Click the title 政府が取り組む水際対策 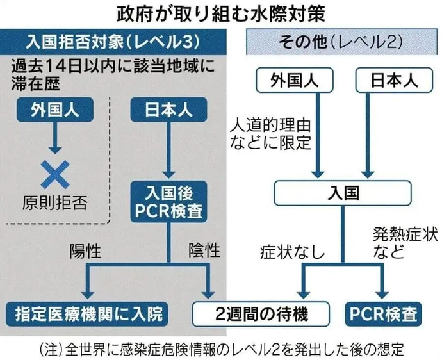pos(221,12)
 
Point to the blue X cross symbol pos(56,173)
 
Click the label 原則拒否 pos(56,204)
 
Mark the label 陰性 pos(204,249)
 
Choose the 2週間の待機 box pos(261,314)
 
